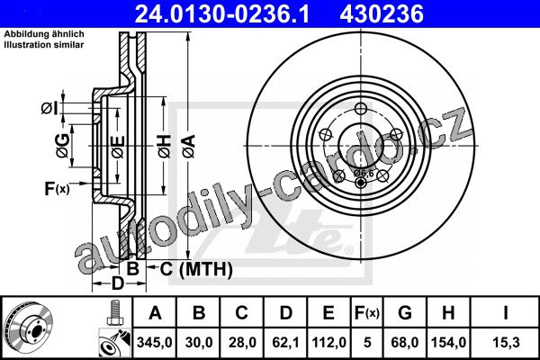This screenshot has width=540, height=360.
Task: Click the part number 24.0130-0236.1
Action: [222, 13]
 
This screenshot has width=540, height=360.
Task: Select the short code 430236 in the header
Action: [382, 13]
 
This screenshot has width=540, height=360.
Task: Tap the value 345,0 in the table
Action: [154, 342]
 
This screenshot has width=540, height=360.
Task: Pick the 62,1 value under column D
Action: [285, 342]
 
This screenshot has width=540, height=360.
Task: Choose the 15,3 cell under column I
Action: [506, 342]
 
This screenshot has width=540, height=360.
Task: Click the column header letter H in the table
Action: [448, 313]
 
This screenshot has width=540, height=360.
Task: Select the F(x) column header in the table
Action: [367, 313]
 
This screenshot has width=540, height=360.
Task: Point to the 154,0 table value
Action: [448, 342]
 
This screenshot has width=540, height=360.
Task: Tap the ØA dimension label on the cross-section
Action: [189, 146]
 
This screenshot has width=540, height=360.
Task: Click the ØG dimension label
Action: [63, 146]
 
